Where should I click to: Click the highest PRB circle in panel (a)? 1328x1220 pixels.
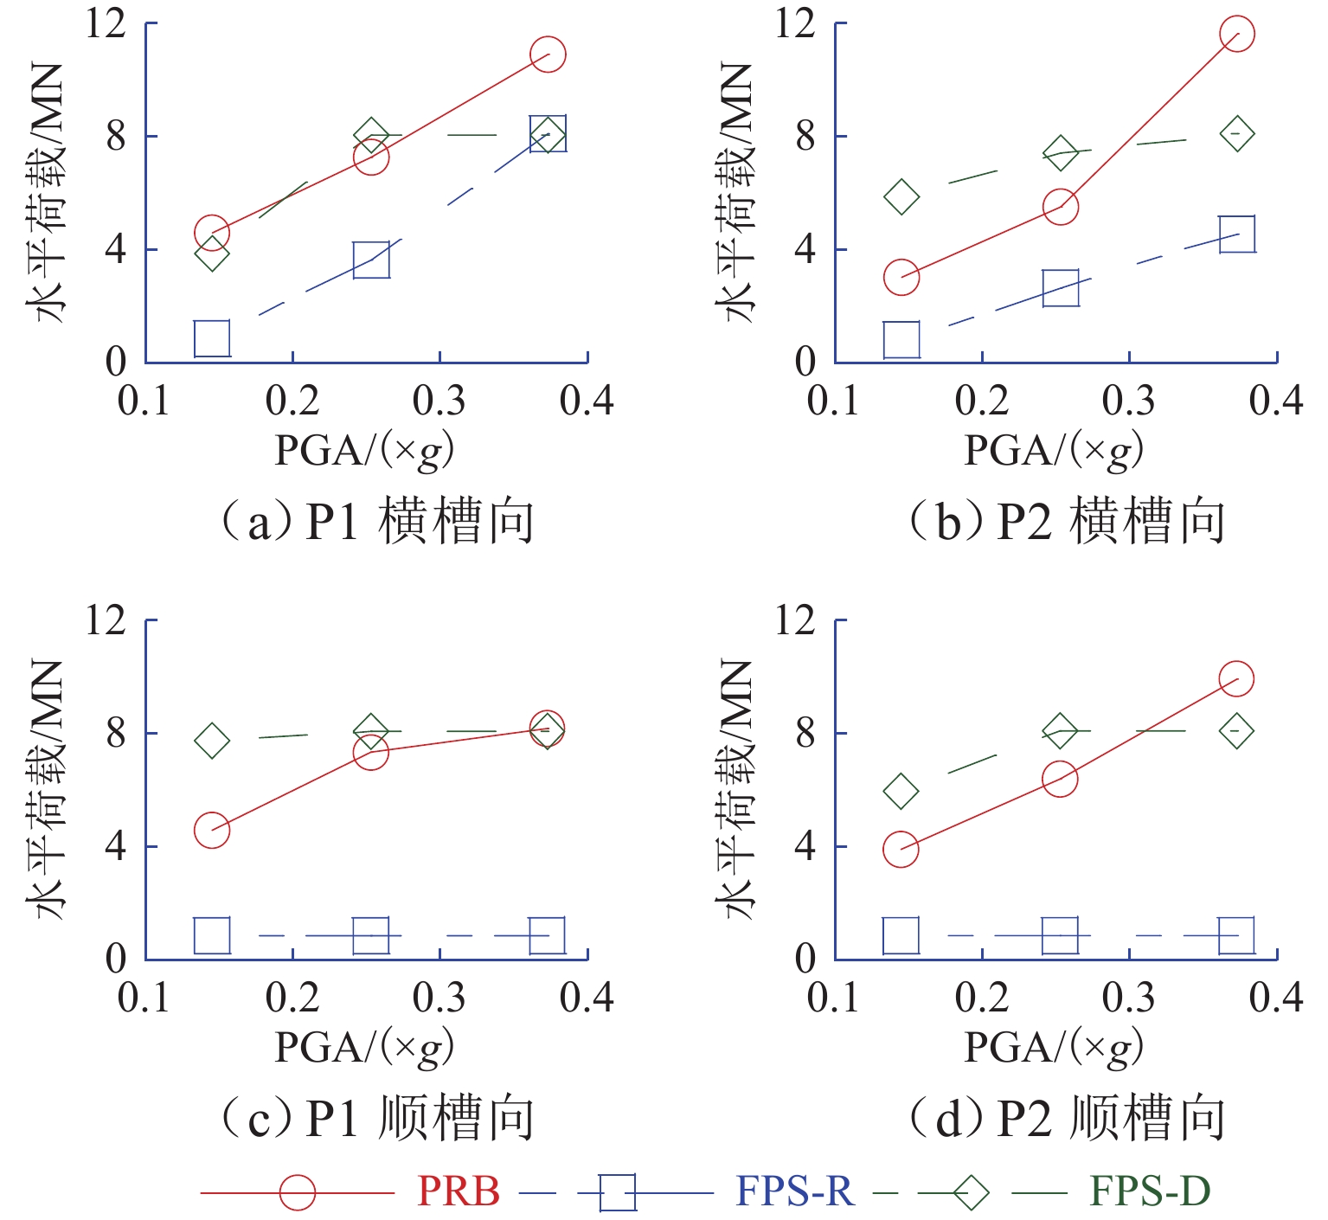coord(547,55)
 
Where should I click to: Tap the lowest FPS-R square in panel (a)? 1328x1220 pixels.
coord(212,338)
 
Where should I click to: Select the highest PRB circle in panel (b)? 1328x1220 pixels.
coord(1236,35)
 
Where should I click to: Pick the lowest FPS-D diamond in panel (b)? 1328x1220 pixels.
coord(901,197)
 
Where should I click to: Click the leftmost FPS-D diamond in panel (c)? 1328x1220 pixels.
coord(212,741)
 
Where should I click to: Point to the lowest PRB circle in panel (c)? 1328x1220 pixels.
coord(212,830)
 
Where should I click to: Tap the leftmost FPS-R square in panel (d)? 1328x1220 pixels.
coord(901,935)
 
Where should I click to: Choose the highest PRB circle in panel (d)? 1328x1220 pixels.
coord(1236,679)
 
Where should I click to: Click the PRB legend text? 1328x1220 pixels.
coord(459,1191)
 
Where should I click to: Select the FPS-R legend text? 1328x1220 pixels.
coord(794,1191)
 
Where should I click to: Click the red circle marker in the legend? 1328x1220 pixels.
coord(298,1192)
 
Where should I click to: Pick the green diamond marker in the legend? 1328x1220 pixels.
coord(971,1192)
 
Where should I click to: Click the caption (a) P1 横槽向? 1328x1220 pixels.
coord(378,523)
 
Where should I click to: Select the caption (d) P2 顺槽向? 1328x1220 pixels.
coord(1068,1118)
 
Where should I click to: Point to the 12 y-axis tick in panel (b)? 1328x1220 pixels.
coord(794,23)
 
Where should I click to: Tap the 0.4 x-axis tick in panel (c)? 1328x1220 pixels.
coord(587,998)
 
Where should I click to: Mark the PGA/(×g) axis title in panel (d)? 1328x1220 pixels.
coord(1054,1048)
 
